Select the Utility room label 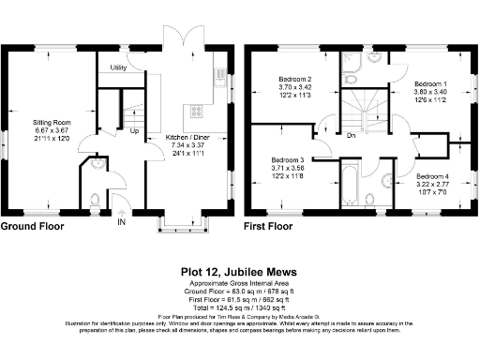[119, 67]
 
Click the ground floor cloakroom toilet [97, 198]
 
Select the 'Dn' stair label [350, 135]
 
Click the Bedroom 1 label [431, 84]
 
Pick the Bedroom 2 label [295, 79]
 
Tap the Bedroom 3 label [289, 159]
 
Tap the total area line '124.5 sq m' [240, 306]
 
